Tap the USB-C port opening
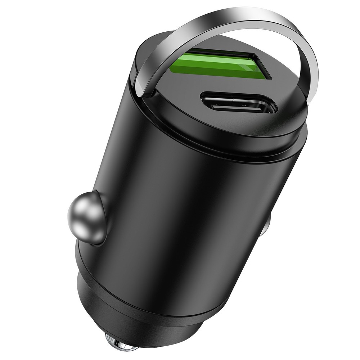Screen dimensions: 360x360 pyautogui.click(x=239, y=103)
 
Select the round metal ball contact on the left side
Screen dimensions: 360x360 pyautogui.click(x=86, y=218)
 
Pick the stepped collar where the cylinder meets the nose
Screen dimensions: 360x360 pyautogui.click(x=151, y=288)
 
